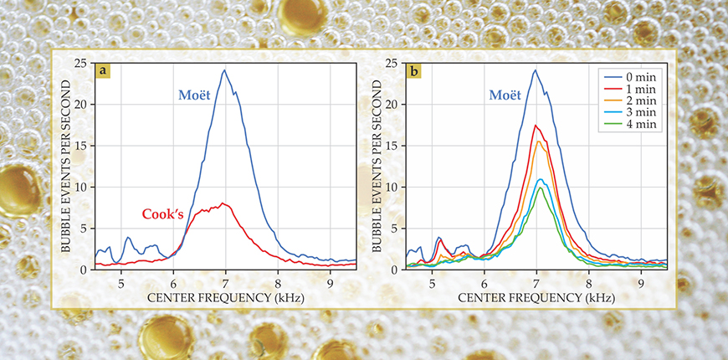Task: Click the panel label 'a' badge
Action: pyautogui.click(x=103, y=71)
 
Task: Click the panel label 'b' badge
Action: pyautogui.click(x=414, y=71)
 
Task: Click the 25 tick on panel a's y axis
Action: pyautogui.click(x=81, y=63)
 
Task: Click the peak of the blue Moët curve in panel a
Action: pyautogui.click(x=224, y=70)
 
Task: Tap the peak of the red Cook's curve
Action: pyautogui.click(x=223, y=203)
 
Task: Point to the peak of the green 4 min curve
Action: pyautogui.click(x=541, y=187)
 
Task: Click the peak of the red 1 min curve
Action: pyautogui.click(x=536, y=126)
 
